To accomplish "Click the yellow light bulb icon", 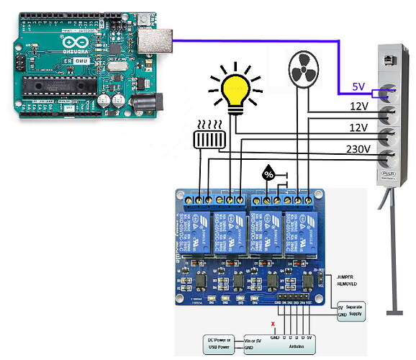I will coord(234,91).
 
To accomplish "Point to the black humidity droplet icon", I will coord(268,174).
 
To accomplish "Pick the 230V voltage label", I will coord(358,150).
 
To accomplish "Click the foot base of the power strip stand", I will coord(393,312).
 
